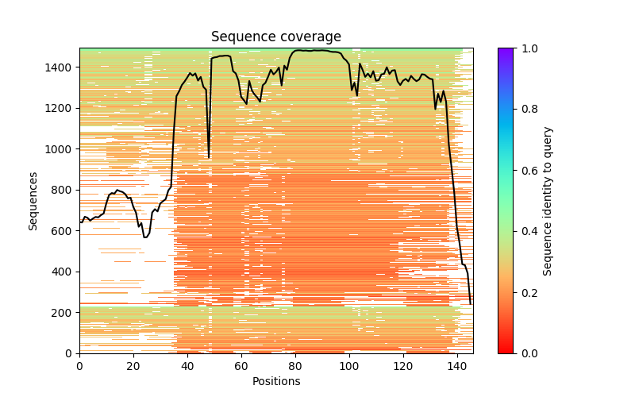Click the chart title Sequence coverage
[x=275, y=37]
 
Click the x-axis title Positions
[x=275, y=381]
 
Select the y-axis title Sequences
[x=33, y=200]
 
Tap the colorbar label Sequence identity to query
[x=548, y=200]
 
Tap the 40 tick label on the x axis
[x=187, y=366]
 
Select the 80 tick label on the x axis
[x=295, y=366]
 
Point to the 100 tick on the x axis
[x=349, y=353]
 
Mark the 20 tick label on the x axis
[x=133, y=366]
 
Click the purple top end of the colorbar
[x=506, y=51]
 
